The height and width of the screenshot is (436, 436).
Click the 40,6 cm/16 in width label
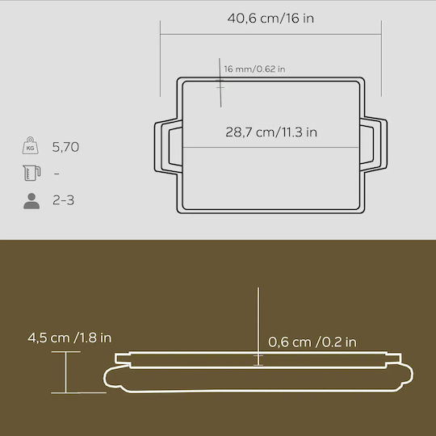coord(270,19)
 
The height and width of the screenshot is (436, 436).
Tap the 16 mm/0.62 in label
coord(254,69)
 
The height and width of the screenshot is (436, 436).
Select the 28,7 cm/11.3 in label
coord(271,132)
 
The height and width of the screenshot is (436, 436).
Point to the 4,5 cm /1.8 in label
coord(69,337)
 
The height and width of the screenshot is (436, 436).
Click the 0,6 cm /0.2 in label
coord(312,342)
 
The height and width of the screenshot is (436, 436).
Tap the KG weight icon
coord(31,145)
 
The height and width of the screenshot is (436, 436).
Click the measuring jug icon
coord(31,173)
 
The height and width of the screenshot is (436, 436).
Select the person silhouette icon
coord(31,201)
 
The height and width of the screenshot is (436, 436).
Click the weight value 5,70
coord(65,147)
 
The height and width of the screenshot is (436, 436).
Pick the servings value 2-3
coord(64,200)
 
